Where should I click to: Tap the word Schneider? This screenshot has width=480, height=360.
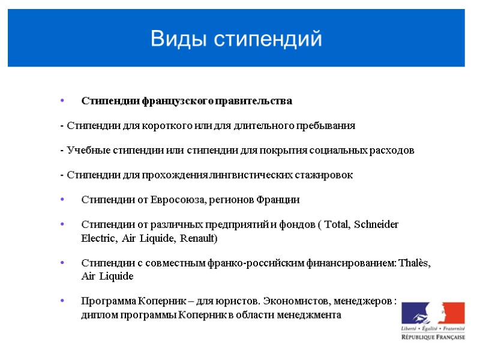(x=376, y=224)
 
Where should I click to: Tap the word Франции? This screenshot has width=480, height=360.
(x=277, y=199)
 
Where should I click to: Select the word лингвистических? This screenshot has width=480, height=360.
(x=250, y=175)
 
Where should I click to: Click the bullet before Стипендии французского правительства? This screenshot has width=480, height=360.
(x=63, y=101)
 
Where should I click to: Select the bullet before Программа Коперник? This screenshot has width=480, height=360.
(x=63, y=301)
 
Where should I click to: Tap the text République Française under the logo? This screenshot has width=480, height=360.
(x=433, y=337)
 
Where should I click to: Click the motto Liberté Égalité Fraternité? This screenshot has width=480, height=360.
(x=433, y=329)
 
